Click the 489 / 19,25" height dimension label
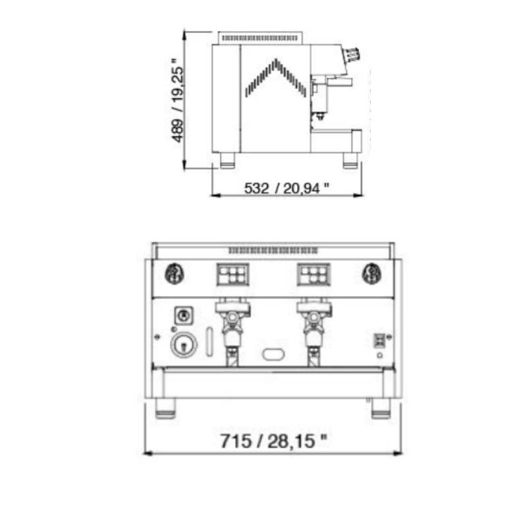(177, 100)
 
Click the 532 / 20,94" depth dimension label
(287, 188)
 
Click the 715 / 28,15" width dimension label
(273, 441)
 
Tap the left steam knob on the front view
(175, 273)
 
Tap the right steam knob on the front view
(372, 273)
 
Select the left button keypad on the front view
(233, 275)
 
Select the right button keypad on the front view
(314, 275)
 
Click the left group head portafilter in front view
(233, 331)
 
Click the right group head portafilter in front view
(314, 331)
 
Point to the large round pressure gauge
(184, 345)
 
